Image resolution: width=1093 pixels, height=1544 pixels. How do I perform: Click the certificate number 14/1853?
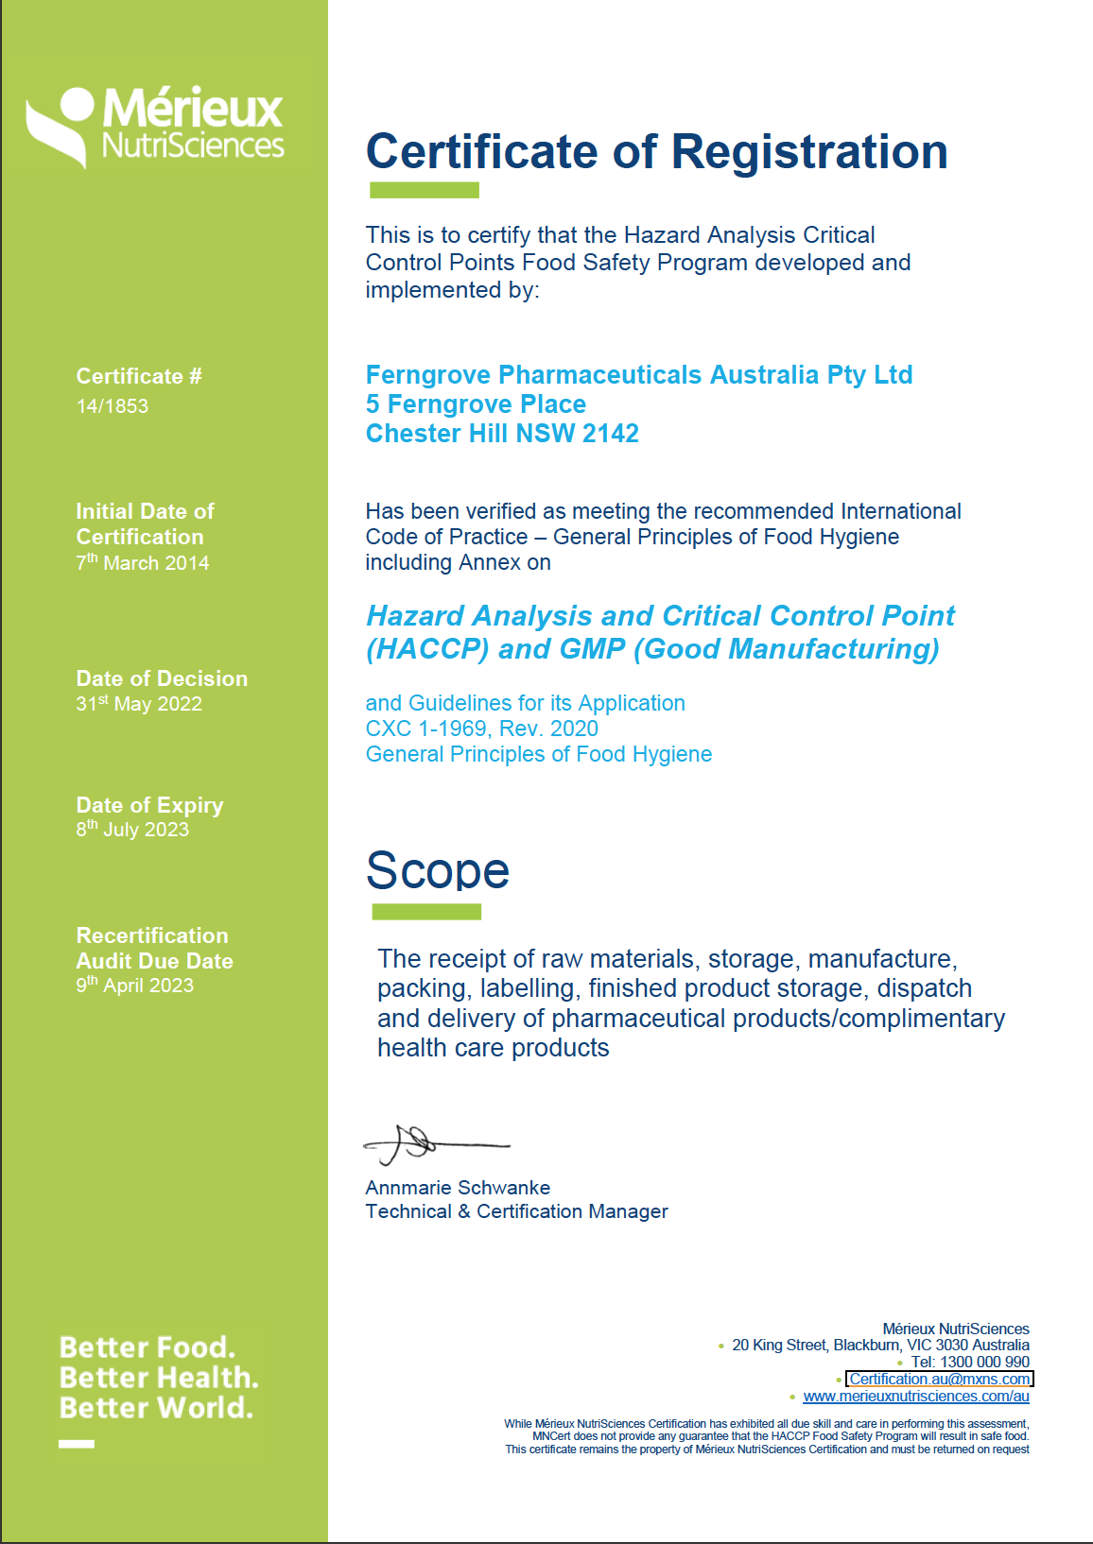click(113, 406)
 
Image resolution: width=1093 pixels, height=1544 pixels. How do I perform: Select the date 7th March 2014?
click(143, 563)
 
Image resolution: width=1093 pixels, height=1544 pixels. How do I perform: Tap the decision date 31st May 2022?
click(139, 704)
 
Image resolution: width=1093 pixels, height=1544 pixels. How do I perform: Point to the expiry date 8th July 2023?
click(132, 830)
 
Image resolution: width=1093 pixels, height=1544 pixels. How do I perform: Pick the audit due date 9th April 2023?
click(135, 986)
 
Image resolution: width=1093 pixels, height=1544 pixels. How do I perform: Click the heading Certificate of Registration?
click(656, 152)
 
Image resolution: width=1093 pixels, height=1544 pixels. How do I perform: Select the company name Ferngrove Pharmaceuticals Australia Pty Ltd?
click(639, 375)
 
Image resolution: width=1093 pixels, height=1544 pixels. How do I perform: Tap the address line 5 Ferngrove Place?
click(476, 404)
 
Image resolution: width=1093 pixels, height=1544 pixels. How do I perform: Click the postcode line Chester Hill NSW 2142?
click(502, 434)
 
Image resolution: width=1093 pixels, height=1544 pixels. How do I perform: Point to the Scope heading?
click(438, 870)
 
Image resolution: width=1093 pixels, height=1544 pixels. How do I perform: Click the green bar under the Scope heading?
click(426, 912)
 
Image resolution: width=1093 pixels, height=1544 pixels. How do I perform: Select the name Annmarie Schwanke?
click(458, 1188)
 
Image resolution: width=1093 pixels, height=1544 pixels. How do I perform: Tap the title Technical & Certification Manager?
click(516, 1211)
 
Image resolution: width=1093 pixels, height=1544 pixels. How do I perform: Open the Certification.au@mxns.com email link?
click(939, 1380)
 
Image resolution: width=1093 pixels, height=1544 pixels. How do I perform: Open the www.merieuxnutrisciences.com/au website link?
click(915, 1397)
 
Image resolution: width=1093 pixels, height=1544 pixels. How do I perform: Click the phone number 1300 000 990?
click(983, 1363)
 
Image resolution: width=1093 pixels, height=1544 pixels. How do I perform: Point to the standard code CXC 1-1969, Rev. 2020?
click(481, 729)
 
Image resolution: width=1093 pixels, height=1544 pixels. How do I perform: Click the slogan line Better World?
click(156, 1408)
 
